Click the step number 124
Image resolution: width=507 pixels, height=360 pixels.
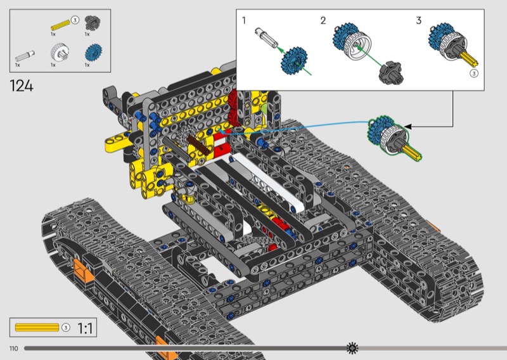(22, 86)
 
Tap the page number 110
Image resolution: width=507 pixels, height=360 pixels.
(13, 349)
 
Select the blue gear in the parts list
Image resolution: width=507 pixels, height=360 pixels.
(93, 53)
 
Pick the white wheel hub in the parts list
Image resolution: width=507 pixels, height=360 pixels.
(60, 52)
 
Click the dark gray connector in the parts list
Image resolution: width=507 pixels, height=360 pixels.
(93, 23)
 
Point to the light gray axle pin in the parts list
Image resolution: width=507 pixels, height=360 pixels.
(25, 56)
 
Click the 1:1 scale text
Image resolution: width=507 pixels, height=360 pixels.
(85, 328)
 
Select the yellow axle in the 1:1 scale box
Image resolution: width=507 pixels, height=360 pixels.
(37, 327)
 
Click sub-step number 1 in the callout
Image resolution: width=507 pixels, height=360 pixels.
(244, 21)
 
